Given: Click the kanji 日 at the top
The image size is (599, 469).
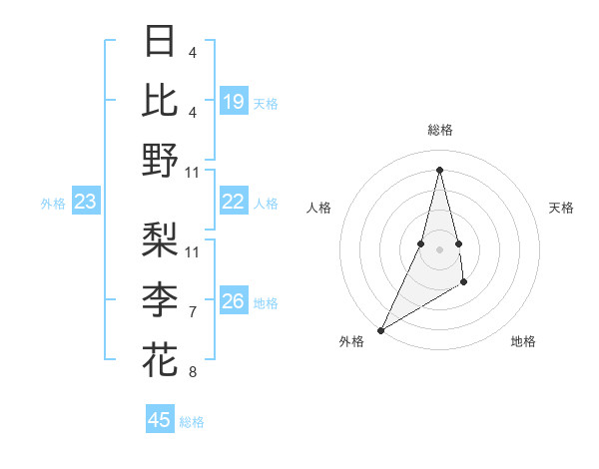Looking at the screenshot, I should [160, 42].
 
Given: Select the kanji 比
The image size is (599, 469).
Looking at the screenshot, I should [160, 100].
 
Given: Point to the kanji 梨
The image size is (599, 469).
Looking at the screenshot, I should [160, 240].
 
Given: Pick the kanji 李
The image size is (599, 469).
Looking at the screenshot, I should [160, 299].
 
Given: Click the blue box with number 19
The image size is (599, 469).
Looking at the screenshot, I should [233, 102].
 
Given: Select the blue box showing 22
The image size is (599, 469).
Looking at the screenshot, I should [233, 202].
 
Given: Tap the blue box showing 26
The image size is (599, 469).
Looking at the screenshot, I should [233, 301].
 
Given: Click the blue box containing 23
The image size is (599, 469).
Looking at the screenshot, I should [86, 203].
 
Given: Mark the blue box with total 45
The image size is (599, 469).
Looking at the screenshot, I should [160, 420].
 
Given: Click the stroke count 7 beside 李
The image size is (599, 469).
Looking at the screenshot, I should [192, 312].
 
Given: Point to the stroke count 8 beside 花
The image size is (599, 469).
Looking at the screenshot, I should [192, 372].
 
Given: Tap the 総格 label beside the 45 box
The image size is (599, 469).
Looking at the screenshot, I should [192, 422].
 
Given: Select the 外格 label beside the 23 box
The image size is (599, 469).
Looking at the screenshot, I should [53, 204].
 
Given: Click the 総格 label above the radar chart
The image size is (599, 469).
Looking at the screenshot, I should [439, 131].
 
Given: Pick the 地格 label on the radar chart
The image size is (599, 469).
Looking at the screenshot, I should [523, 341].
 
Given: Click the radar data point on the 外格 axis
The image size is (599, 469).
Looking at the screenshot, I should [380, 329].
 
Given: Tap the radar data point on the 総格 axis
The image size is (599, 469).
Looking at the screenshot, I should [439, 169].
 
